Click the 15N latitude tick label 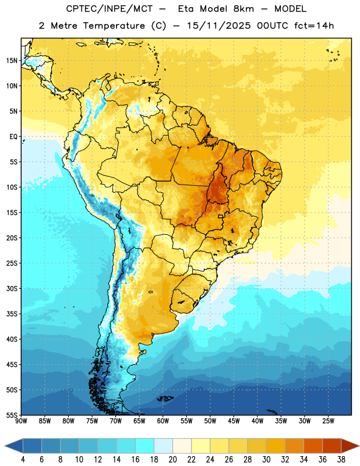[x=12, y=61]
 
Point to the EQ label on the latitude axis [x=13, y=137]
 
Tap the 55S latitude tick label [x=12, y=415]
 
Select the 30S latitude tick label [x=12, y=288]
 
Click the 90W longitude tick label [x=21, y=421]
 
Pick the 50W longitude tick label [x=210, y=421]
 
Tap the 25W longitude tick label [x=328, y=421]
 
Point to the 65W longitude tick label [x=139, y=421]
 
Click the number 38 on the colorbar [x=341, y=460]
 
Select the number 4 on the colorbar [x=23, y=460]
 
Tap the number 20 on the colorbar [x=172, y=460]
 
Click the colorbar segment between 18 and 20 [x=163, y=446]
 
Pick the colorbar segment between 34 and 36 [x=313, y=446]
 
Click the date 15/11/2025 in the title [x=219, y=26]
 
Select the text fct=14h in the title [x=314, y=26]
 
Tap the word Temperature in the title [x=114, y=26]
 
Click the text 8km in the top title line [x=243, y=9]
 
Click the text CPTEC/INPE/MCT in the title [x=109, y=9]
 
